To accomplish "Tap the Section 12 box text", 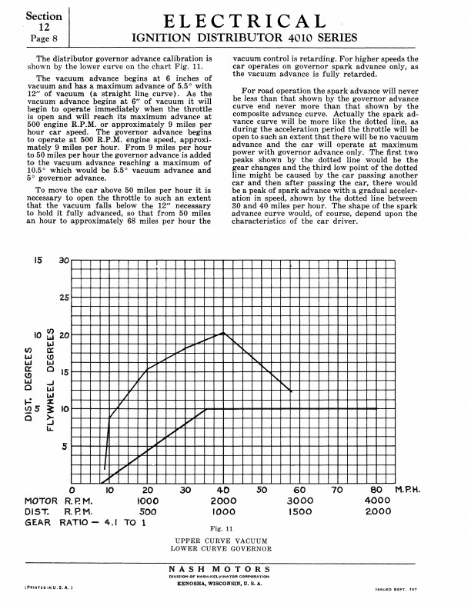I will (34, 20).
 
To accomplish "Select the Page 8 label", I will (34, 37).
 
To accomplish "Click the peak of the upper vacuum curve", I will (223, 333).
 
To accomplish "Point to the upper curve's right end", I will (291, 391).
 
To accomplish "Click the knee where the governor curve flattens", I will (206, 409).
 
